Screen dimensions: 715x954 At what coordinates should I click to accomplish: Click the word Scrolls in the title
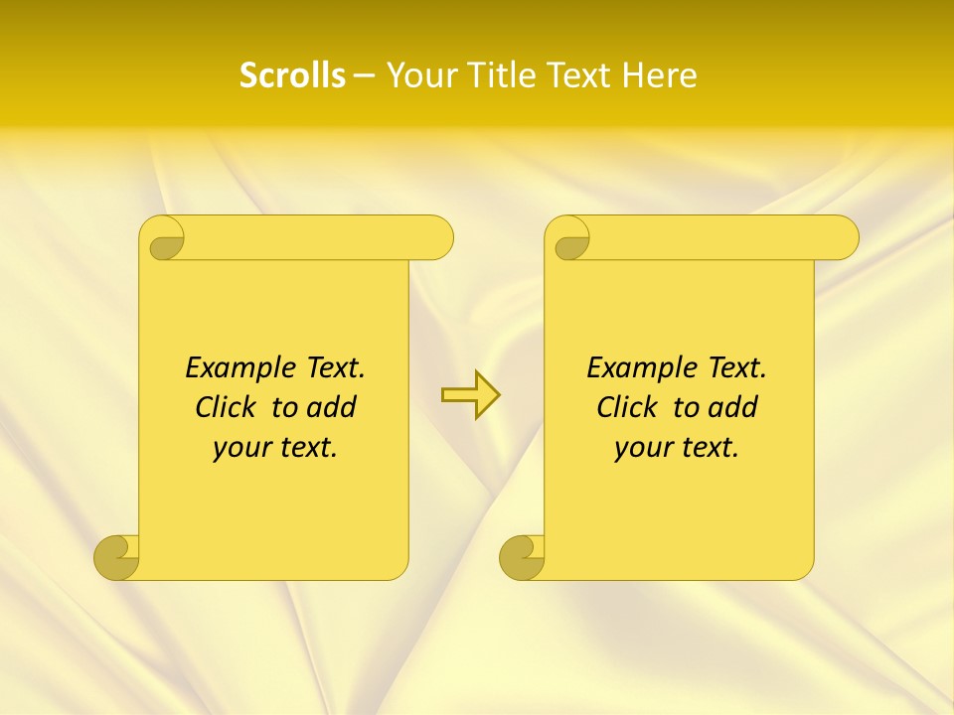coord(293,75)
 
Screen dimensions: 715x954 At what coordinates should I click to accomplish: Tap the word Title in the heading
coord(504,75)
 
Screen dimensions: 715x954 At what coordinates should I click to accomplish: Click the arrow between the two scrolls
coord(470,395)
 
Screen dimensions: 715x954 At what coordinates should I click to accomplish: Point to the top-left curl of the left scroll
coord(165,240)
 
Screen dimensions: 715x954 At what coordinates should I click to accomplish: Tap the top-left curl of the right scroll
coord(570,240)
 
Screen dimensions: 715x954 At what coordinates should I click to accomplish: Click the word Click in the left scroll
coord(226,407)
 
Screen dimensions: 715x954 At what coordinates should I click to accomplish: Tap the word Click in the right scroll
coord(627,407)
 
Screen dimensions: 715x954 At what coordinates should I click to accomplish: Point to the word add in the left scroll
coord(330,407)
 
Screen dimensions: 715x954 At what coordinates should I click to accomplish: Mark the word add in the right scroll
coord(732,407)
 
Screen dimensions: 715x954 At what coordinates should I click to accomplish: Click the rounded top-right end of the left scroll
coord(437,237)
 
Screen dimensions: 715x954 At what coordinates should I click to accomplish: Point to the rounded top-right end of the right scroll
coord(843,237)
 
